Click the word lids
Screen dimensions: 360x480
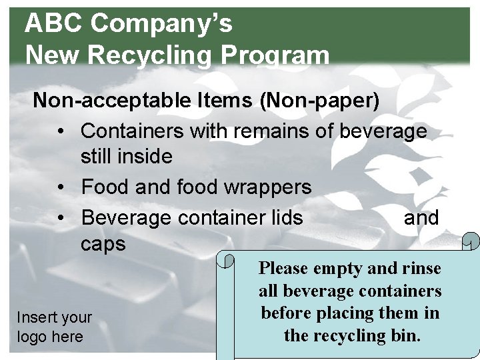pyautogui.click(x=284, y=217)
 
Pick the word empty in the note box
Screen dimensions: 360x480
pyautogui.click(x=339, y=269)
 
